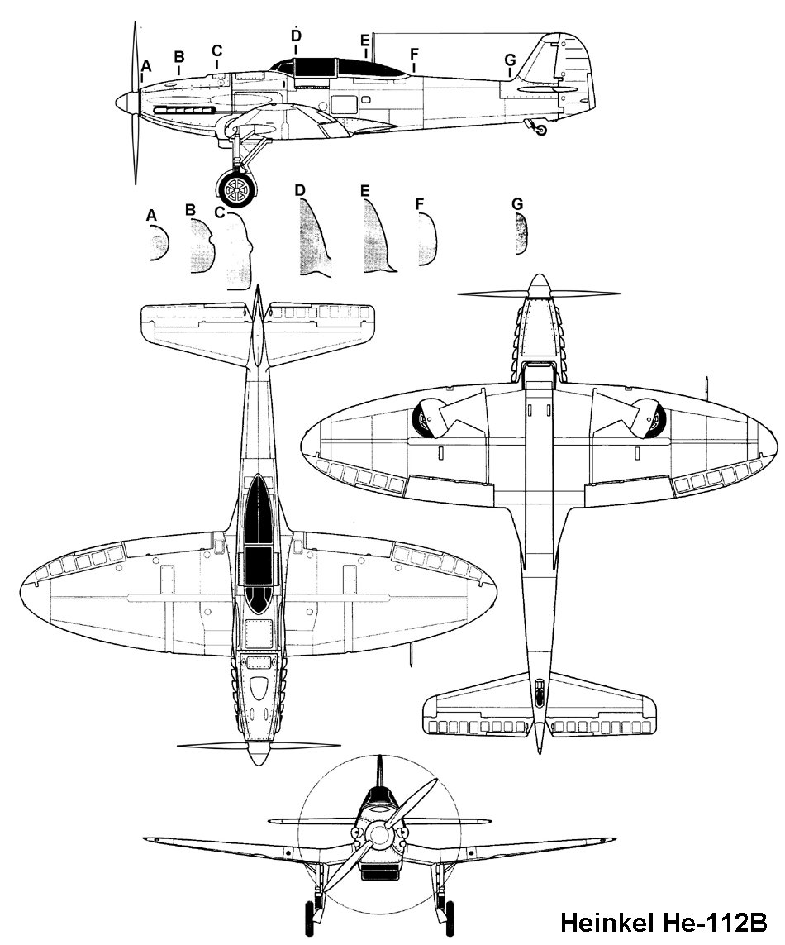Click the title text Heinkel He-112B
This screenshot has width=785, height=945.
[x=664, y=922]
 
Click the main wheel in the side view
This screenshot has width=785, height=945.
[x=235, y=189]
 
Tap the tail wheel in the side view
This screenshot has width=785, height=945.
[x=541, y=130]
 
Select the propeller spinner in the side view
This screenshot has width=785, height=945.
[x=128, y=103]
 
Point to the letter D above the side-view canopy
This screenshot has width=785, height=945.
[x=296, y=36]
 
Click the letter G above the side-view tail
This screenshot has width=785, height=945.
[x=510, y=60]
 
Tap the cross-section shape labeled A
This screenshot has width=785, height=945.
[x=159, y=242]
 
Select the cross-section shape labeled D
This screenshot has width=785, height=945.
[x=315, y=237]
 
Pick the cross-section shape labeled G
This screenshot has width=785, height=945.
[x=521, y=234]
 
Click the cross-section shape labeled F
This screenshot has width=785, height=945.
[x=427, y=239]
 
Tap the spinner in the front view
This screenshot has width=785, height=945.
[x=379, y=835]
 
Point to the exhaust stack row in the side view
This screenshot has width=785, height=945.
[x=186, y=111]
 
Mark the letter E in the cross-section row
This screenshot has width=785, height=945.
[x=364, y=190]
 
